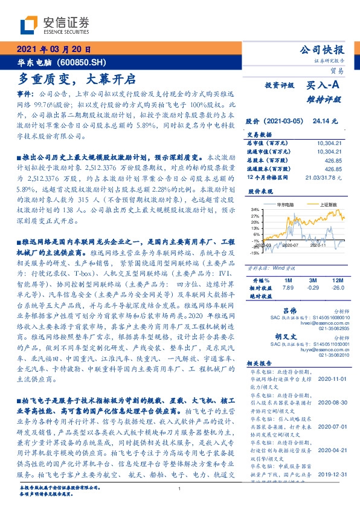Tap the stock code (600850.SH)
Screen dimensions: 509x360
tap(84, 63)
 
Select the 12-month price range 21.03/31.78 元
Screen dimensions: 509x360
tap(325, 177)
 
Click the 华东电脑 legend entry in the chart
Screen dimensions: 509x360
tap(286, 205)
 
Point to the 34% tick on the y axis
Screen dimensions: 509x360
tap(256, 209)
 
